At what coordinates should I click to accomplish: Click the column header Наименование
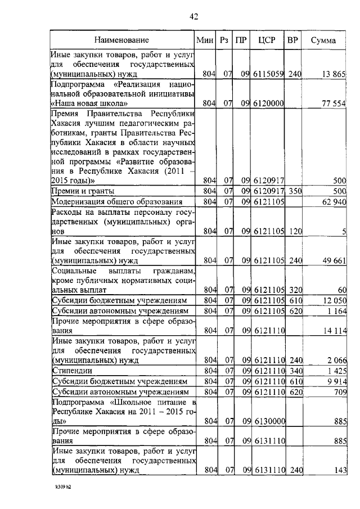pyautogui.click(x=121, y=40)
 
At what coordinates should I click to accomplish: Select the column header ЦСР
pyautogui.click(x=265, y=40)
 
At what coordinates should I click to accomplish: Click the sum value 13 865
pyautogui.click(x=334, y=74)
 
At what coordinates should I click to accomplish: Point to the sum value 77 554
pyautogui.click(x=334, y=103)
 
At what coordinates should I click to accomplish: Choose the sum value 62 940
pyautogui.click(x=334, y=202)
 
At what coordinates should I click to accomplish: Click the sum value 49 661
pyautogui.click(x=334, y=260)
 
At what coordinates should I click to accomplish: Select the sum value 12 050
pyautogui.click(x=334, y=301)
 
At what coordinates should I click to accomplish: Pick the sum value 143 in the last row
pyautogui.click(x=339, y=470)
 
